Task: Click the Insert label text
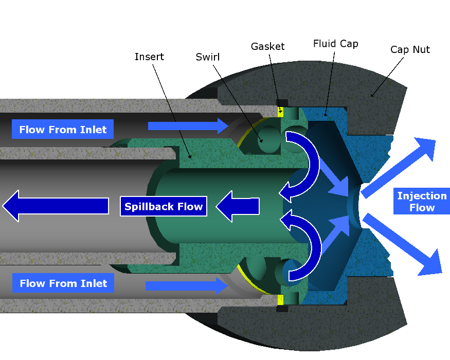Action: (x=149, y=57)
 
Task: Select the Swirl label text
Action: (x=208, y=57)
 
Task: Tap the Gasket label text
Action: (x=267, y=46)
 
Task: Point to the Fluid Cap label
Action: (x=335, y=44)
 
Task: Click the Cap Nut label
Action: (x=410, y=49)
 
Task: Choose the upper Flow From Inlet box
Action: (x=63, y=130)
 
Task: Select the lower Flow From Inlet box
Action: (x=63, y=283)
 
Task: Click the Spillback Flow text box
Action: (x=164, y=207)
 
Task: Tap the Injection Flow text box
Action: (x=422, y=202)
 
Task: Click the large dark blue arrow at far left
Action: (x=57, y=206)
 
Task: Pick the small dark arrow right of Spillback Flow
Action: (x=238, y=206)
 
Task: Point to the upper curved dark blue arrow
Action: (x=303, y=165)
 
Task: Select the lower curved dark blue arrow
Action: (x=303, y=247)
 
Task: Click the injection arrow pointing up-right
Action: (x=401, y=167)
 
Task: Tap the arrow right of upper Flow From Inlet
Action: (x=188, y=126)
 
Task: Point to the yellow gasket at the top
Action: (x=281, y=112)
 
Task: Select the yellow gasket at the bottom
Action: (x=280, y=299)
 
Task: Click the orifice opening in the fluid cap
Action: (x=355, y=206)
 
